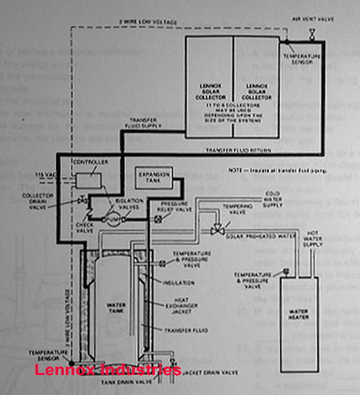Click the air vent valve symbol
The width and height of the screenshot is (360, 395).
(x=311, y=33)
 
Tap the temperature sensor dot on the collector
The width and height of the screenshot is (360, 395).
(x=283, y=42)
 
